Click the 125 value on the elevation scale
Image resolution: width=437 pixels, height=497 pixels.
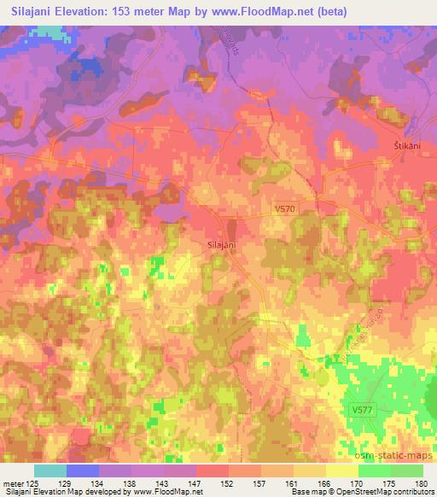pyautogui.click(x=32, y=483)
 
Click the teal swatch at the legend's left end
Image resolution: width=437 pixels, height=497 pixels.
pyautogui.click(x=50, y=471)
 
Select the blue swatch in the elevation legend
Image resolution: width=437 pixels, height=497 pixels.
pyautogui.click(x=83, y=471)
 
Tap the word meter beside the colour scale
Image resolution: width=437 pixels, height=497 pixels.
pyautogui.click(x=12, y=483)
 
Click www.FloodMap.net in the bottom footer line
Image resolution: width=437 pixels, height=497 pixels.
pyautogui.click(x=166, y=492)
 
